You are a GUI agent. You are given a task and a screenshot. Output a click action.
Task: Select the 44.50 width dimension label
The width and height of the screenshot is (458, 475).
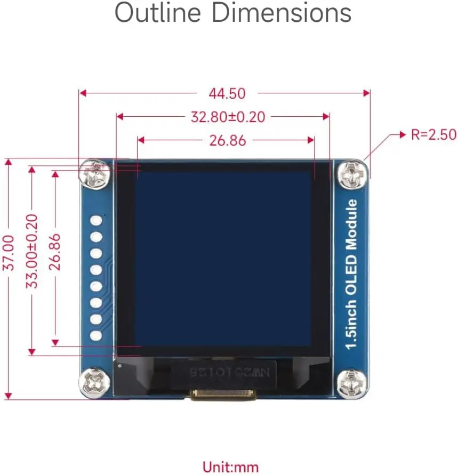227,93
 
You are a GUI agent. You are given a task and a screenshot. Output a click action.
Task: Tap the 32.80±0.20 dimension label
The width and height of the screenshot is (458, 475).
228,117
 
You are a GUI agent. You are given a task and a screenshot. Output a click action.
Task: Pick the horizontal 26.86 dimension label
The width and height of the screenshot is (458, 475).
227,141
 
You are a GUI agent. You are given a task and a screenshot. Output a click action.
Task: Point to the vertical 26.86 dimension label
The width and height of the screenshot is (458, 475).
55,251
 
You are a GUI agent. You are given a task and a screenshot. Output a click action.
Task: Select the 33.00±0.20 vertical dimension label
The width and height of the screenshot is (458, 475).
33,251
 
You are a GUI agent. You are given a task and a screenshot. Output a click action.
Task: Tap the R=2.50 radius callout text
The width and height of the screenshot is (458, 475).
433,134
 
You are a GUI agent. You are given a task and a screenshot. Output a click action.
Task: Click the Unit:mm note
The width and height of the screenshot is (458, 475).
230,467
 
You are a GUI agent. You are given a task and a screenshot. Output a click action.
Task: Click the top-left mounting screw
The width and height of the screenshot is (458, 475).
96,174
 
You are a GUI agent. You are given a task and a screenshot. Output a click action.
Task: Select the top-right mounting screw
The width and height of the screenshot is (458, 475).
352,174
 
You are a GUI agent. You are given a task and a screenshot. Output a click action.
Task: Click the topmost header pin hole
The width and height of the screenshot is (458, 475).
97,220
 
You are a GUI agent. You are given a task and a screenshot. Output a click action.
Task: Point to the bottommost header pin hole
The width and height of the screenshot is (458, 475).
97,336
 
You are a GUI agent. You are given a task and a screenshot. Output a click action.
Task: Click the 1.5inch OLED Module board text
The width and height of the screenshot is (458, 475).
352,274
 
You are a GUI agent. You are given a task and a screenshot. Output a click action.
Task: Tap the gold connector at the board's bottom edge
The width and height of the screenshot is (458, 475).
223,395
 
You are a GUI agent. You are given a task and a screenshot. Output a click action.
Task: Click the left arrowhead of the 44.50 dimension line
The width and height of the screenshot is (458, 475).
82,93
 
